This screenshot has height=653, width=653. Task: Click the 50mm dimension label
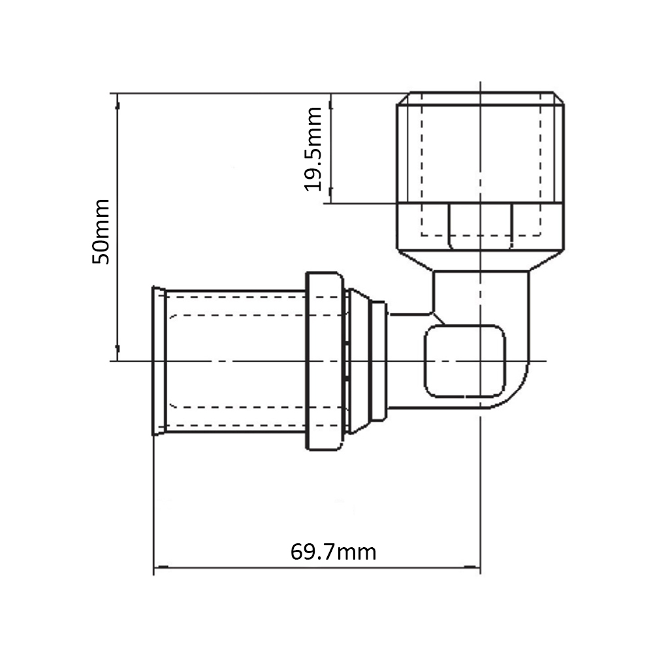click(x=101, y=232)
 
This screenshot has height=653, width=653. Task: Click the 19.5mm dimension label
click(x=313, y=149)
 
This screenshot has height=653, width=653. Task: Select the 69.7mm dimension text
click(x=333, y=552)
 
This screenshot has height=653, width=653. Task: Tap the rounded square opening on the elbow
click(x=465, y=361)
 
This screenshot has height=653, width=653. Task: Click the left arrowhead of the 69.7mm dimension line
click(x=161, y=567)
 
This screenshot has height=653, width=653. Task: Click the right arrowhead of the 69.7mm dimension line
click(x=473, y=567)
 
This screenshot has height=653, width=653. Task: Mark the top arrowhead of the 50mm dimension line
click(x=118, y=101)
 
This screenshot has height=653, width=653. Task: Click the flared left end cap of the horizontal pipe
click(x=159, y=360)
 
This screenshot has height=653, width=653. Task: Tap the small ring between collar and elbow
click(x=379, y=361)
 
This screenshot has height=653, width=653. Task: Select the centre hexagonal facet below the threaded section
click(x=480, y=227)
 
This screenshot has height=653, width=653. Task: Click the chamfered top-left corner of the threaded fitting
click(x=403, y=99)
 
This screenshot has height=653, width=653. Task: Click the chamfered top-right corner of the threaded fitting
click(x=558, y=99)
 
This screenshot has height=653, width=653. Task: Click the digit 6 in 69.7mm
click(x=296, y=552)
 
